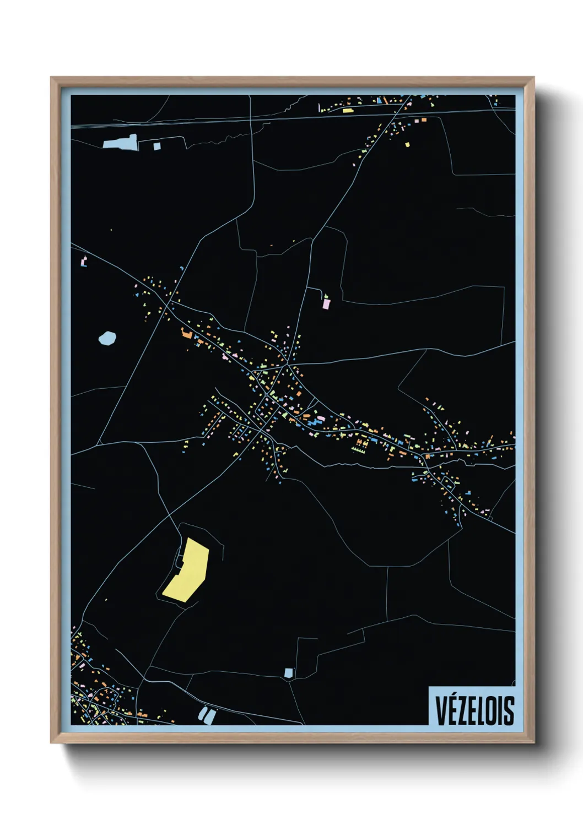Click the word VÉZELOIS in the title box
click(x=474, y=710)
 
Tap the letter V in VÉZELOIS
click(x=441, y=710)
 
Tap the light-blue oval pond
click(x=107, y=338)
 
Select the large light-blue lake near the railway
click(x=121, y=143)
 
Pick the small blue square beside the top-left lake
click(x=157, y=146)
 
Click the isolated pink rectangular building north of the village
click(x=326, y=303)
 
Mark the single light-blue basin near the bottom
click(x=289, y=672)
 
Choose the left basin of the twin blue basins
click(x=202, y=714)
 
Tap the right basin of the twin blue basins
click(x=210, y=716)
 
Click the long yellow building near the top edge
click(x=347, y=110)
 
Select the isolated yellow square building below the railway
click(x=408, y=145)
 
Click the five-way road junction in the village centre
click(x=287, y=365)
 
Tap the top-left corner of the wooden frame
click(x=52, y=78)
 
